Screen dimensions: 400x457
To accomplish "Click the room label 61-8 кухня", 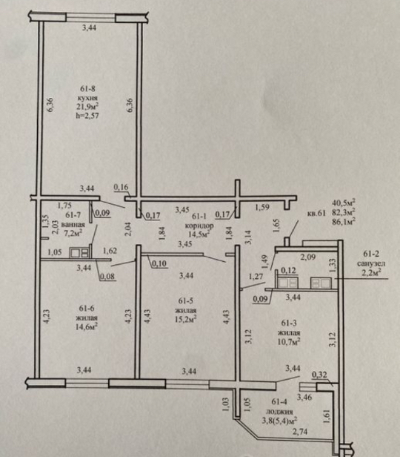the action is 87,93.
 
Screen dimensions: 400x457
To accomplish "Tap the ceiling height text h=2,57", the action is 87,116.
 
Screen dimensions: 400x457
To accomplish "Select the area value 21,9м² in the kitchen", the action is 87,107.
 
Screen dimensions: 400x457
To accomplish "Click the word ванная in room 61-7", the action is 73,225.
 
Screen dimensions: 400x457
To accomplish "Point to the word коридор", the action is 199,226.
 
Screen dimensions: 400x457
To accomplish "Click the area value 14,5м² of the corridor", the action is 199,234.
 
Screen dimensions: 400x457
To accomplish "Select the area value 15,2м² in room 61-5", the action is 185,319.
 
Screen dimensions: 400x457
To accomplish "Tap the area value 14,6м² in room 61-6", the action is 87,326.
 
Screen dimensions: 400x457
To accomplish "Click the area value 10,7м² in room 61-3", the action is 289,341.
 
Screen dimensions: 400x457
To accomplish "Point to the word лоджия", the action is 279,412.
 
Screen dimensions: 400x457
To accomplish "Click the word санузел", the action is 371,263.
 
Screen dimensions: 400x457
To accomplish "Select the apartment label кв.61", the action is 316,213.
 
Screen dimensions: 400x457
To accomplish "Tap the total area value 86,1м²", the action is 344,222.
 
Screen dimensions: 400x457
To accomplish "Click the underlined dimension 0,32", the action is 319,375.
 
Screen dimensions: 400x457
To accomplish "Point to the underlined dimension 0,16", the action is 121,188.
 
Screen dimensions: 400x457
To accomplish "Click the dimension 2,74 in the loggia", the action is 300,432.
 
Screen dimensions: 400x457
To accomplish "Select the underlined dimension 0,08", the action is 107,276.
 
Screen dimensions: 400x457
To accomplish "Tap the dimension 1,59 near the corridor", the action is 262,208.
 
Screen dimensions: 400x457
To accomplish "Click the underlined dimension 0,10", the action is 159,264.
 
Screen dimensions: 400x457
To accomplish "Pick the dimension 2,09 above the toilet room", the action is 308,257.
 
